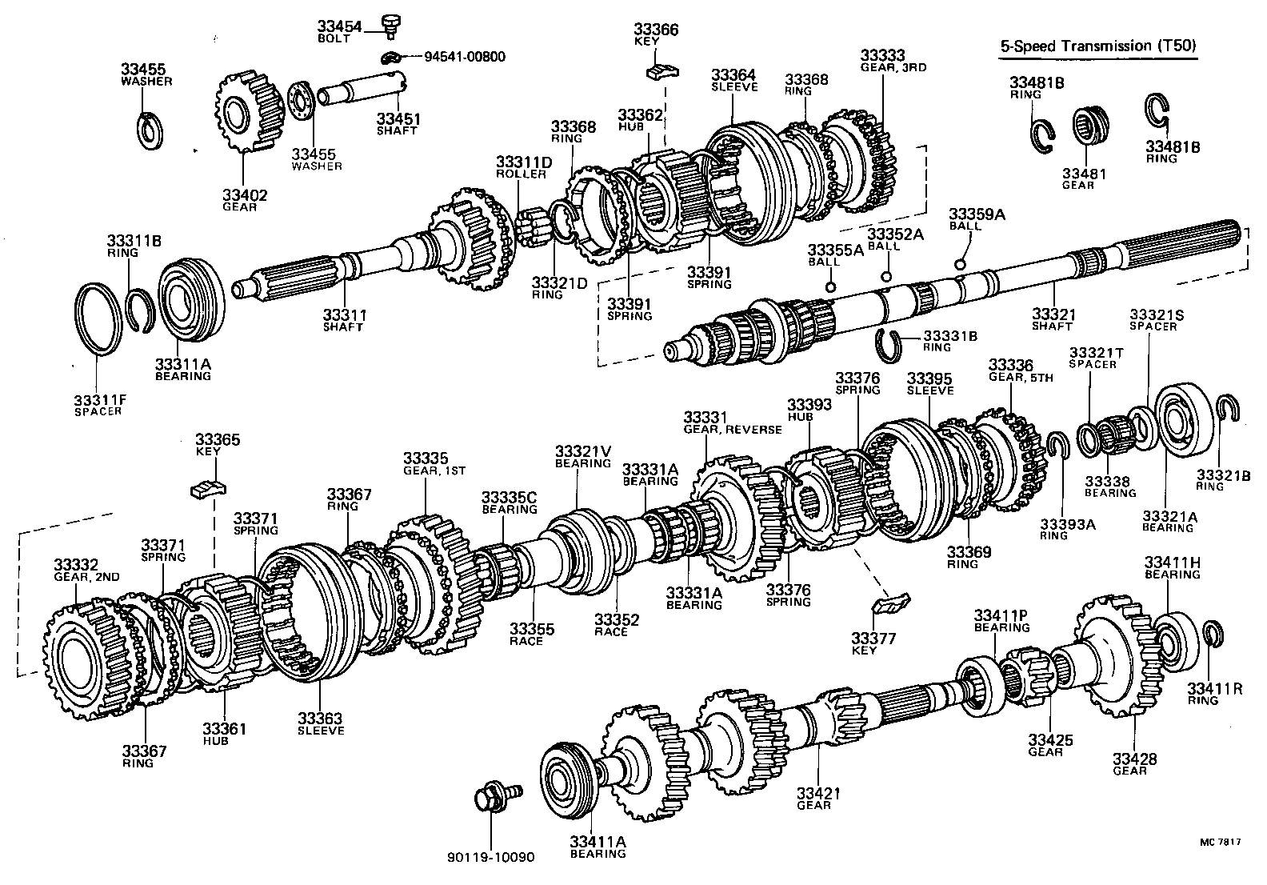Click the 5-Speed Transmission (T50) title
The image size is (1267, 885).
[x=1098, y=46]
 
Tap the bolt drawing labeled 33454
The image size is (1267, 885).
[x=391, y=25]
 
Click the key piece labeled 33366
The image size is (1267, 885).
[x=661, y=71]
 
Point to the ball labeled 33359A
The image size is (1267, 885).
[x=960, y=264]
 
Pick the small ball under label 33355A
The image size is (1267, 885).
[x=830, y=287]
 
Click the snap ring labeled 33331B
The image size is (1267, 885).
[x=889, y=341]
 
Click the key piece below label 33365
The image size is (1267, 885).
[x=209, y=487]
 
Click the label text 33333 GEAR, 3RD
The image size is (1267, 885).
[x=893, y=61]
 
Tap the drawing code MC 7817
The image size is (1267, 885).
[x=1219, y=842]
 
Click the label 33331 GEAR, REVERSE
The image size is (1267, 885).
[x=732, y=422]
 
